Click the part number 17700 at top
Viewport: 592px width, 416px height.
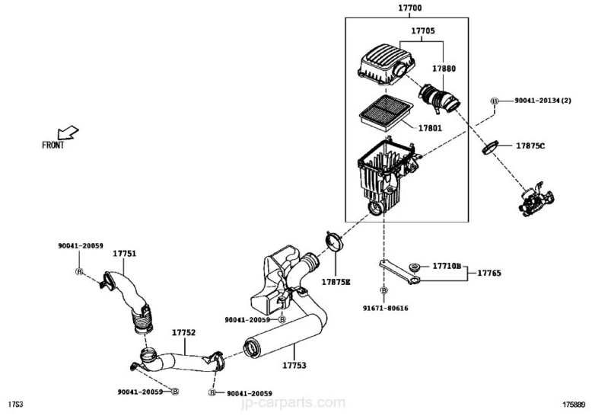410,8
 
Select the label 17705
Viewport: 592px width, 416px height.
423,30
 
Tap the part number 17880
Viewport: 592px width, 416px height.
444,69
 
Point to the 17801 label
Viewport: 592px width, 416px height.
430,128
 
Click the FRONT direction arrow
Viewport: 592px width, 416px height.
68,133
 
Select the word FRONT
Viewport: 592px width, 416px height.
53,145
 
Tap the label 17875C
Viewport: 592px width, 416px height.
530,146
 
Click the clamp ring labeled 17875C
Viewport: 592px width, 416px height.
490,148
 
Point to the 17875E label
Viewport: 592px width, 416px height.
336,282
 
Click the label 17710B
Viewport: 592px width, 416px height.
447,266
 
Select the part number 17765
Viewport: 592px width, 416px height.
489,273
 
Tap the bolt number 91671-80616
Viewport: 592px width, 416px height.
386,308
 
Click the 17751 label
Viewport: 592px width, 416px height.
125,254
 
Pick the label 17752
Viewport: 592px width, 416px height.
184,332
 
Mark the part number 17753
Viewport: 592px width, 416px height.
294,365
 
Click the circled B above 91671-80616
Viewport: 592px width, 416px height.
384,290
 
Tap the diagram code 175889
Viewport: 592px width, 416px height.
574,405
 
